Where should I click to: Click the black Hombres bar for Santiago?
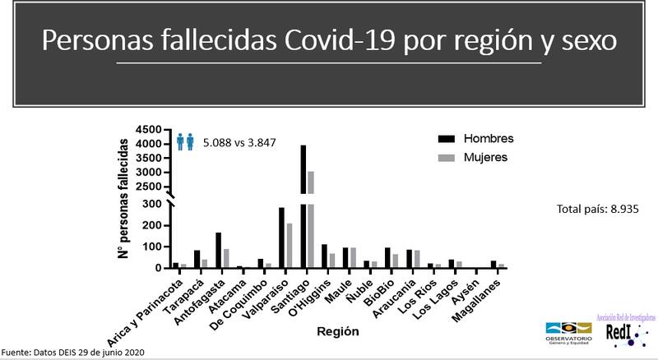pyautogui.click(x=304, y=205)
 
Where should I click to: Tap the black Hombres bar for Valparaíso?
pyautogui.click(x=281, y=238)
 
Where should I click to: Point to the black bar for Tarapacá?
pyautogui.click(x=197, y=259)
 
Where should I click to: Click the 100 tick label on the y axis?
pyautogui.click(x=153, y=247)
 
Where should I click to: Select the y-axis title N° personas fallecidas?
pyautogui.click(x=124, y=201)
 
